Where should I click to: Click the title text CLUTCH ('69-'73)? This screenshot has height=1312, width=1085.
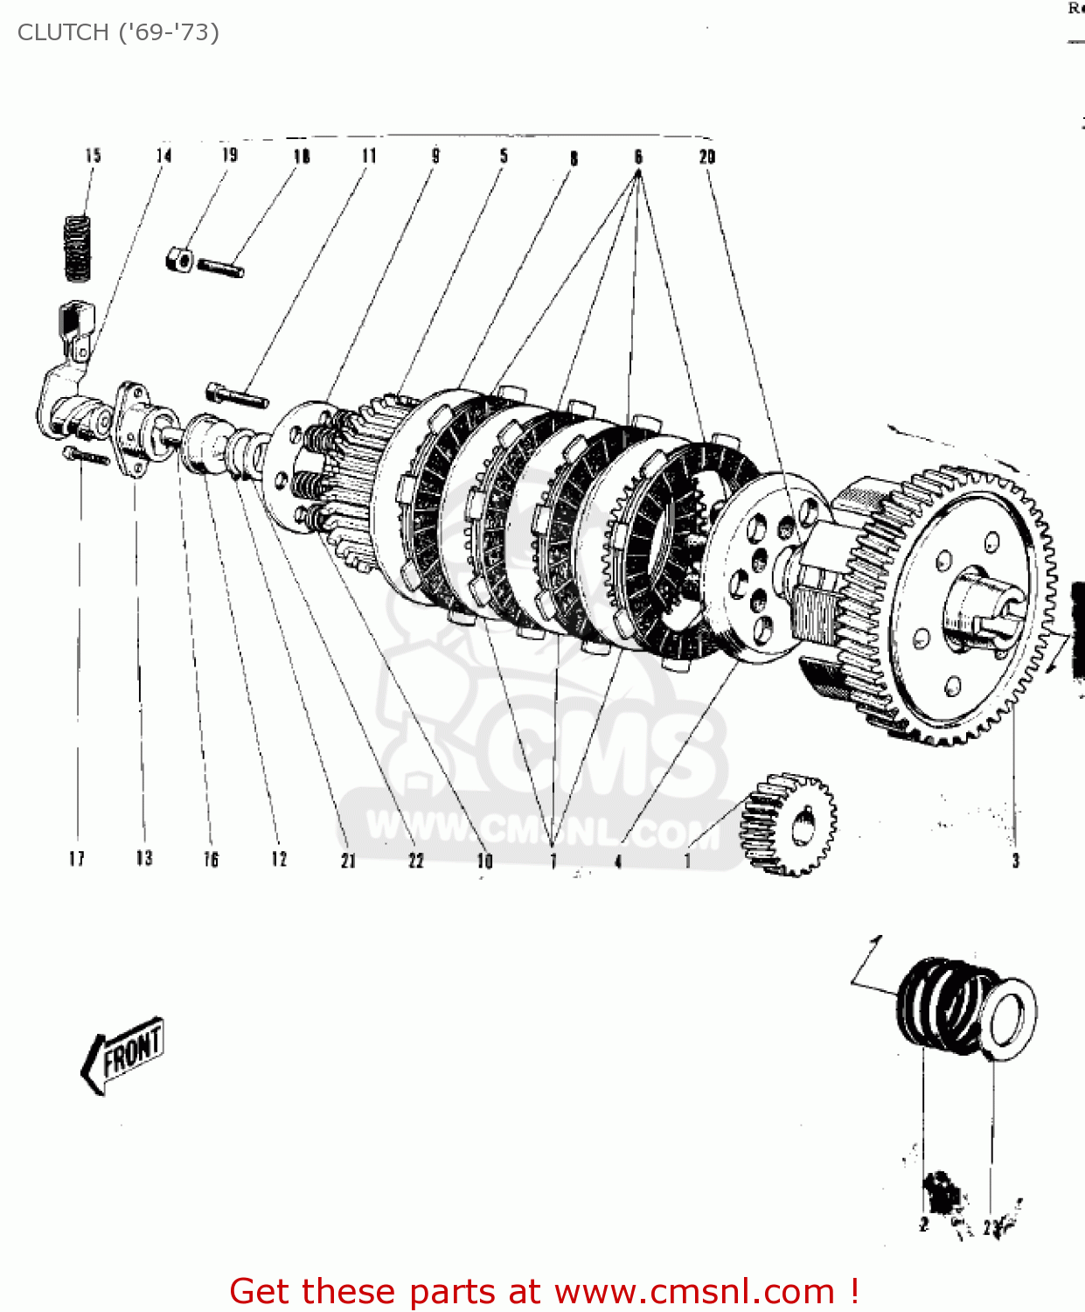pos(118,32)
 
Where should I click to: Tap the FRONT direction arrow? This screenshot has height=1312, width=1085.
pos(123,1054)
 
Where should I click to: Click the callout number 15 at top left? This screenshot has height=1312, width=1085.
pos(93,156)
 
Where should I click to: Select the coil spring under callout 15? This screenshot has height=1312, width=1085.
pos(79,248)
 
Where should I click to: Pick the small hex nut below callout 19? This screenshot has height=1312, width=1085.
pos(179,260)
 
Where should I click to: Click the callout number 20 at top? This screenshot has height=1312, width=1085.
pos(706,157)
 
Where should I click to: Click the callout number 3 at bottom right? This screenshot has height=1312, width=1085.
pos(1015,861)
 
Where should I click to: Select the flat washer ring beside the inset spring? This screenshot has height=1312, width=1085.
pos(1012,1019)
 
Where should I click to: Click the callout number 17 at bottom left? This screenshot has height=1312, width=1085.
pos(77,859)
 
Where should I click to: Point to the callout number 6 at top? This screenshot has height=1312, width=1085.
pos(638,157)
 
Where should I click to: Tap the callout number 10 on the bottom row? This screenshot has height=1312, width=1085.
pos(484,861)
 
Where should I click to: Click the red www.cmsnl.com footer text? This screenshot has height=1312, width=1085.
pos(545,1291)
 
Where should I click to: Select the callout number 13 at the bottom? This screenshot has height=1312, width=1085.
pos(143,858)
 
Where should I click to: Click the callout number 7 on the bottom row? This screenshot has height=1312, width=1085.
pos(553,862)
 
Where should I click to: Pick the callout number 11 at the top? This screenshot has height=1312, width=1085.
pos(369,156)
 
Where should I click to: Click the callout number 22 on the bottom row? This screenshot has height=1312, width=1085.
pos(416,861)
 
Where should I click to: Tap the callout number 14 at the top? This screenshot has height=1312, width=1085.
pos(163,156)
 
